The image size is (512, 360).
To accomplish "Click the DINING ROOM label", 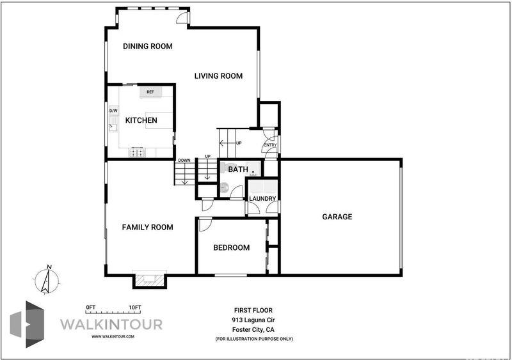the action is pyautogui.click(x=148, y=46).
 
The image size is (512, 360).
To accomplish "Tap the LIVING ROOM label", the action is pyautogui.click(x=218, y=76).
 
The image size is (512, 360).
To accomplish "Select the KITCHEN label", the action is pyautogui.click(x=141, y=120).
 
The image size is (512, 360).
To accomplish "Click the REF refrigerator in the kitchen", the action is pyautogui.click(x=150, y=92).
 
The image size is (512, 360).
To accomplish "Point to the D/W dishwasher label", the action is pyautogui.click(x=113, y=111).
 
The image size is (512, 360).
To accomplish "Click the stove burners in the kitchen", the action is pyautogui.click(x=137, y=152).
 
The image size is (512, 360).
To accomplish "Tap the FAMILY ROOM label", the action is pyautogui.click(x=148, y=227).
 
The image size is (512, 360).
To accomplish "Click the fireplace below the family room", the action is pyautogui.click(x=150, y=279).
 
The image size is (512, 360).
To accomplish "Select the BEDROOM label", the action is pyautogui.click(x=232, y=247).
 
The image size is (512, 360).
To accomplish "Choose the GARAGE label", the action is pyautogui.click(x=337, y=217).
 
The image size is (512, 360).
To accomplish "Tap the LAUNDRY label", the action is pyautogui.click(x=262, y=198).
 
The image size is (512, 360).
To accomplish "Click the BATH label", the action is pyautogui.click(x=238, y=169).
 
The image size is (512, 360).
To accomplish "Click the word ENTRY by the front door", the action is pyautogui.click(x=270, y=145).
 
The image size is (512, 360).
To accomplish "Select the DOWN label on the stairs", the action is pyautogui.click(x=184, y=160).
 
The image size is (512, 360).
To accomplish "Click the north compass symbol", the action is pyautogui.click(x=46, y=280).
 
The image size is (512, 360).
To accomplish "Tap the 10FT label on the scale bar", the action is pyautogui.click(x=135, y=308).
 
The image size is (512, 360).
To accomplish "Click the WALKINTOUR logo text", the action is pyautogui.click(x=111, y=324).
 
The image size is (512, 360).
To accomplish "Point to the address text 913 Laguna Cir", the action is pyautogui.click(x=253, y=320).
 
